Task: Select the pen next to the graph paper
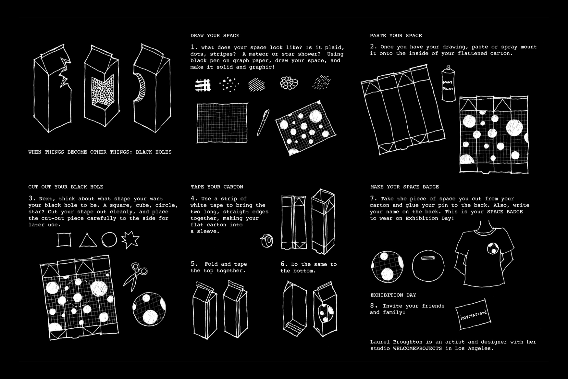point(263,122)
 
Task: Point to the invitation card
point(473,314)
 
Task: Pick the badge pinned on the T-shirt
point(492,248)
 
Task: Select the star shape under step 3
point(130,240)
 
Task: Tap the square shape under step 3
point(64,240)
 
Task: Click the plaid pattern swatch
point(203,85)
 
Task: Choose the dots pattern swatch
point(229,84)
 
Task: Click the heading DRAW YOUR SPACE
point(215,36)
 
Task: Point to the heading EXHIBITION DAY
point(393,295)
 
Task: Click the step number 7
point(373,198)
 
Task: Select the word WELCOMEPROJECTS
point(417,348)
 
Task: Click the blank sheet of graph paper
point(222,123)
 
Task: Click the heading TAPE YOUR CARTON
point(217,187)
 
